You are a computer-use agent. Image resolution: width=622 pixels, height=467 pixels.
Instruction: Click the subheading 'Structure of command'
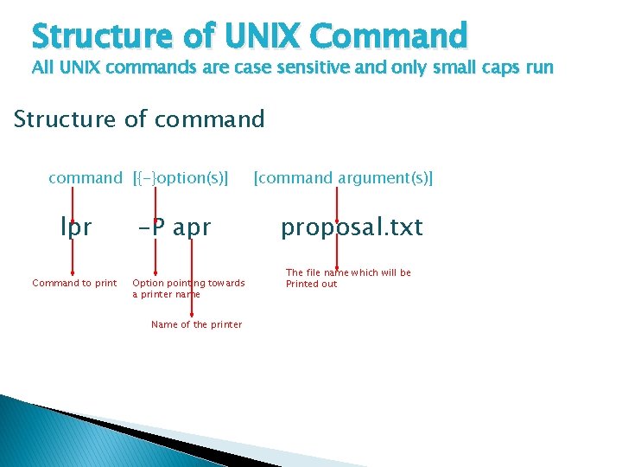coord(139,118)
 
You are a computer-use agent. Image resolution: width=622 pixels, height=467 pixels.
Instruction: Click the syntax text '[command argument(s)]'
coord(343,178)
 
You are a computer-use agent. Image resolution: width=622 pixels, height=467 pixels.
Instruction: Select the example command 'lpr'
coord(75,227)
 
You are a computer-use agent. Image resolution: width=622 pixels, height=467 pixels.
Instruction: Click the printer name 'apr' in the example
coord(192,227)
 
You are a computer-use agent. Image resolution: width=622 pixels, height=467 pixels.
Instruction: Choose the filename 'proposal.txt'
coord(352,227)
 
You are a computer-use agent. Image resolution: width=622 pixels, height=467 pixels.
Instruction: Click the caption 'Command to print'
coord(74,283)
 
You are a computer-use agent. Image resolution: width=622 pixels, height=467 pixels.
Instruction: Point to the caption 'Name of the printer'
coord(196,324)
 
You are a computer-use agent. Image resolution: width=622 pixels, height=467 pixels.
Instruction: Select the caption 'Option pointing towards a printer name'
coord(188,288)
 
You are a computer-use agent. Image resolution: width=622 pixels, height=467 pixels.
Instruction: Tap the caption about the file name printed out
coord(348,278)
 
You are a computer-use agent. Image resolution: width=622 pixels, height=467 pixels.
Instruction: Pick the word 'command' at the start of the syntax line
coord(86,178)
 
